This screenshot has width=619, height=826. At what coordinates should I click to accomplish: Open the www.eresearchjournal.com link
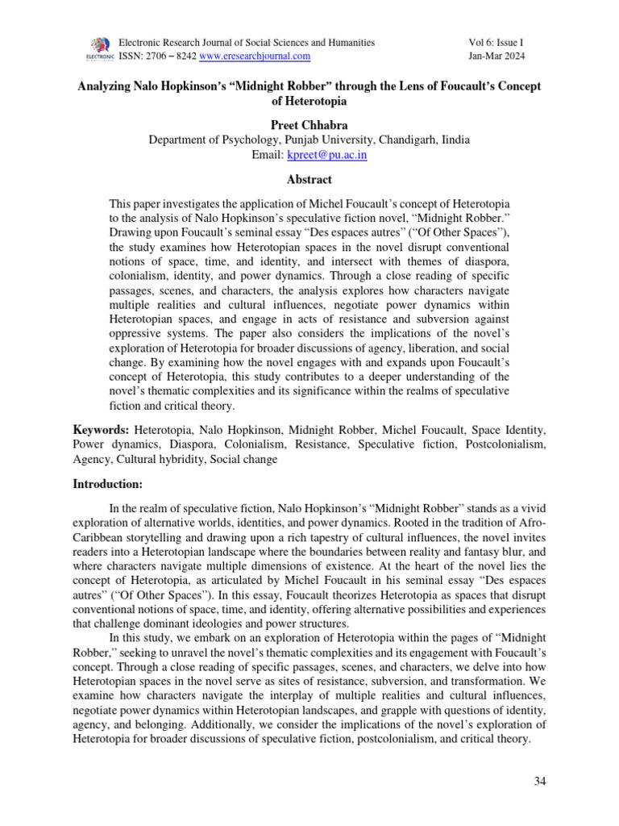click(x=254, y=56)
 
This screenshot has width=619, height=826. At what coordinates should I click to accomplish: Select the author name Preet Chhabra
click(x=309, y=123)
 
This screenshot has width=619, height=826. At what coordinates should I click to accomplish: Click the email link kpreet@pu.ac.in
click(x=332, y=155)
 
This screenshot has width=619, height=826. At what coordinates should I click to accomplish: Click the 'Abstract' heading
click(x=309, y=179)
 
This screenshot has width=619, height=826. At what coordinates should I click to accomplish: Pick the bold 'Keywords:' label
click(x=101, y=430)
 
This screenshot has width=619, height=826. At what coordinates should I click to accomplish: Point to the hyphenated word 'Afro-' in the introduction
click(x=532, y=523)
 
